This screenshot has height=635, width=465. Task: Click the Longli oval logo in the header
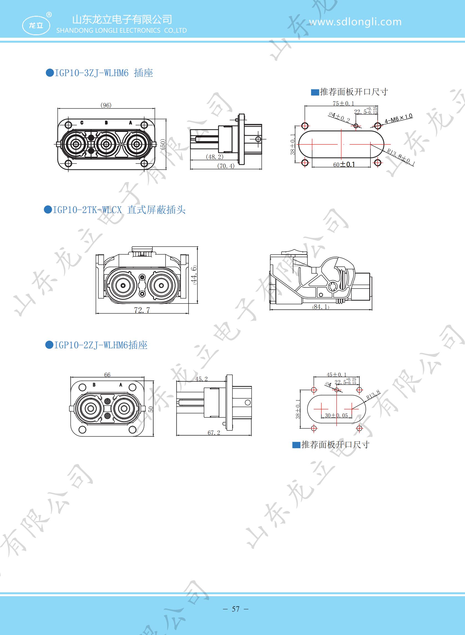click(x=36, y=25)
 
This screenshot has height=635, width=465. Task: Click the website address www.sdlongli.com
click(x=355, y=22)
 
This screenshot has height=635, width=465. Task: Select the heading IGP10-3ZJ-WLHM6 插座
click(x=99, y=73)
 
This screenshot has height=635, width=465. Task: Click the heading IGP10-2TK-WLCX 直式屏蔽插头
click(x=115, y=210)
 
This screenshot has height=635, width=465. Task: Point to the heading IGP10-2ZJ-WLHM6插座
click(x=96, y=345)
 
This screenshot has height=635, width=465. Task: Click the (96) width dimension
click(x=106, y=105)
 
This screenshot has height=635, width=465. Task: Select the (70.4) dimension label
click(x=226, y=166)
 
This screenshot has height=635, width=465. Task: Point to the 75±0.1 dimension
click(x=343, y=103)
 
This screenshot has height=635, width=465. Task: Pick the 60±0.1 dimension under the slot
click(x=344, y=164)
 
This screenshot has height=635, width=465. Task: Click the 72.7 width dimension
click(x=142, y=310)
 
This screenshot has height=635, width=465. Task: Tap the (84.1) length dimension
click(x=321, y=307)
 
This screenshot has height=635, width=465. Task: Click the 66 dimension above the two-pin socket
click(x=107, y=375)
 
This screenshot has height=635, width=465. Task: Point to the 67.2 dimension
click(x=214, y=433)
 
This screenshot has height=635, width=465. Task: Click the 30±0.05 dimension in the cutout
click(x=336, y=415)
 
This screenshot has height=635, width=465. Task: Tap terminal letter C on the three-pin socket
click(x=82, y=123)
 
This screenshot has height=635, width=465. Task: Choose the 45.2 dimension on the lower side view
click(x=202, y=379)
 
